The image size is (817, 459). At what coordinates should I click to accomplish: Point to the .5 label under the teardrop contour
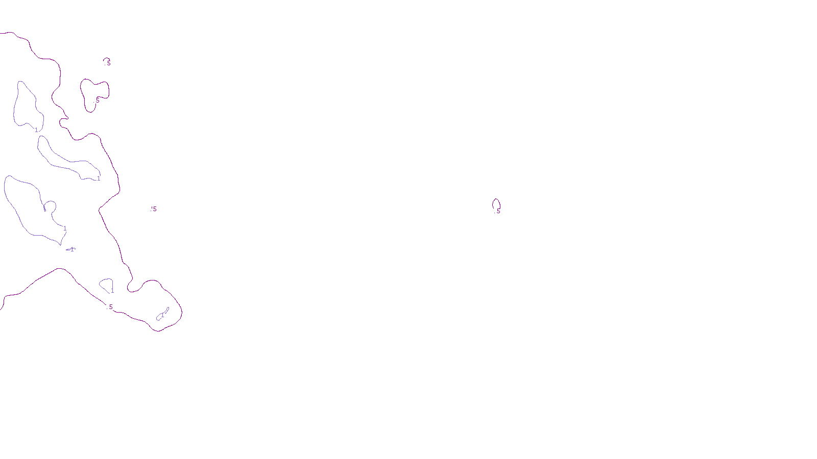tap(498, 211)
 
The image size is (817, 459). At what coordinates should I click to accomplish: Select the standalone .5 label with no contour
tap(154, 209)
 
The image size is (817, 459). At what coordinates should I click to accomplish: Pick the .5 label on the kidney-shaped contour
tap(97, 100)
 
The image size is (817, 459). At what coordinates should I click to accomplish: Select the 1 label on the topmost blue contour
tap(36, 130)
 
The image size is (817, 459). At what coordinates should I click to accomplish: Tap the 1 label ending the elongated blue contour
tap(99, 178)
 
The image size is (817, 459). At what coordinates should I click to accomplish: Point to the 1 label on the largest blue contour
tap(65, 228)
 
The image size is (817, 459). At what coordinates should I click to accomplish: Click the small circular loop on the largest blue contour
tap(50, 206)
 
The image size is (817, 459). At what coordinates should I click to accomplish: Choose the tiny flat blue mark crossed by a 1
tap(71, 249)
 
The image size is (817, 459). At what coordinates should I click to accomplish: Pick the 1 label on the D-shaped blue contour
tap(112, 291)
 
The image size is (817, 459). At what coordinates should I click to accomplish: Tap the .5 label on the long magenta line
tap(110, 307)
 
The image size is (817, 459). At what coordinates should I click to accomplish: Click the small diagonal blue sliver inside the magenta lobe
tap(163, 314)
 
